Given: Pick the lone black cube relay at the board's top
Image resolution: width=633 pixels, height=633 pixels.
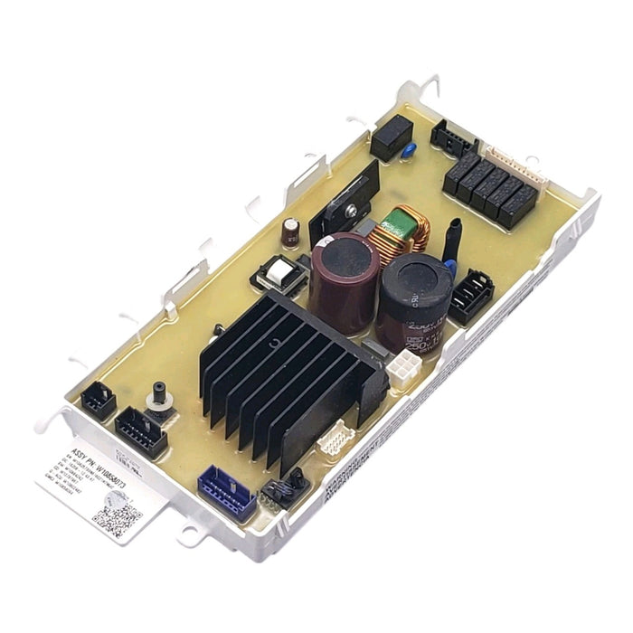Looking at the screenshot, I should (x=391, y=137).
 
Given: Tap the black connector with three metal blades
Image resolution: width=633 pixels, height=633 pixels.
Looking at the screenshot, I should (x=470, y=297).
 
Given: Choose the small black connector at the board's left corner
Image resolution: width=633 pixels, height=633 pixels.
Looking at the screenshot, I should (x=98, y=402).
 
